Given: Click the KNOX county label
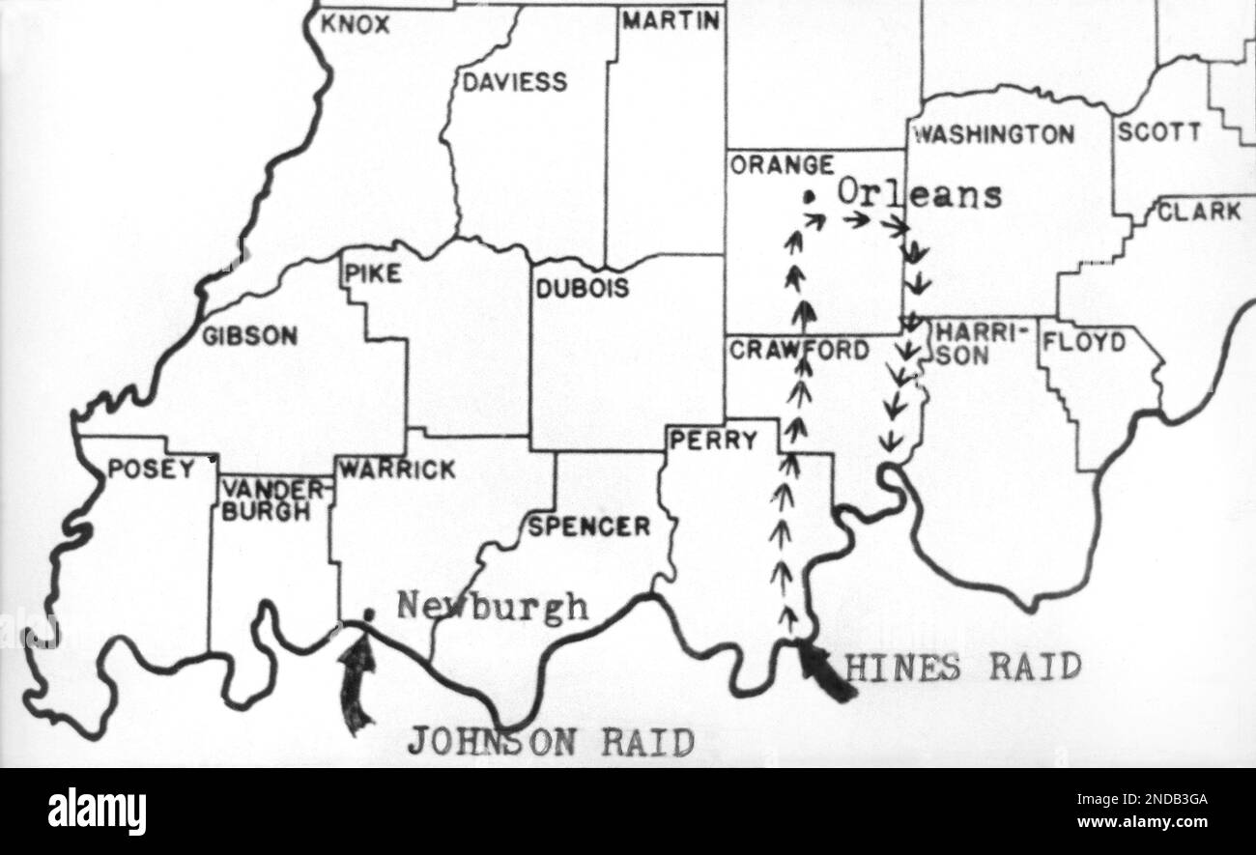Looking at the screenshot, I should (x=355, y=25).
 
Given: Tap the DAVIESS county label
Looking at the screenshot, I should (x=514, y=83).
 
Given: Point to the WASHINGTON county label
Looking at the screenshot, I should (x=993, y=134).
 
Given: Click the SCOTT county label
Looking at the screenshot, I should (x=1159, y=132).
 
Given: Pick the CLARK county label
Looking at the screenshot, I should (x=1199, y=212).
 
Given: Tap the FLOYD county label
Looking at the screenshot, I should (x=1084, y=343).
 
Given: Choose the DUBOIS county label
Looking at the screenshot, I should (x=582, y=288).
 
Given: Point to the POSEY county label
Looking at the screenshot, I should (x=150, y=470).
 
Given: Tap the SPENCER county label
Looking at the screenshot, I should (x=588, y=527).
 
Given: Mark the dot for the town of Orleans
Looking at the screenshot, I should (x=810, y=198).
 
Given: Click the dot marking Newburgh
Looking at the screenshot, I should (x=367, y=613).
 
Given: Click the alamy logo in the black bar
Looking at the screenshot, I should (x=98, y=810).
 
